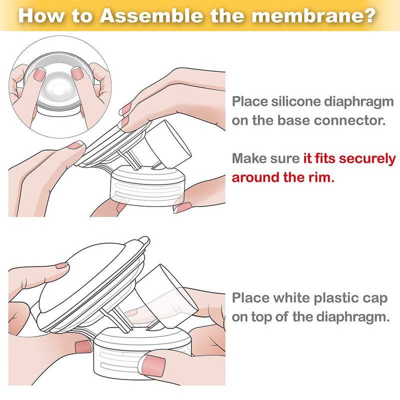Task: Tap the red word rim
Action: tap(320, 177)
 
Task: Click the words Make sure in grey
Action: tap(266, 159)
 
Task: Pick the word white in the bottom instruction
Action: tap(292, 299)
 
